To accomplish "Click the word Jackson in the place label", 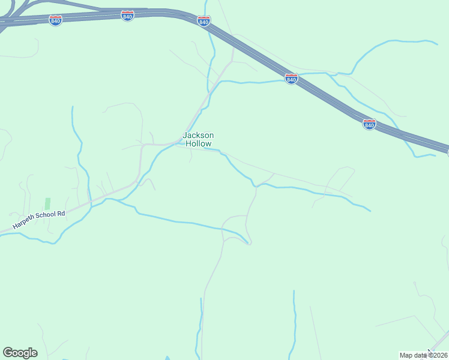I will click(x=198, y=136).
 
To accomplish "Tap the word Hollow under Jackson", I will click(x=198, y=144).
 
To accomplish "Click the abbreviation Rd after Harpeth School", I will click(x=61, y=212).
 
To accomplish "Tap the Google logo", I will click(x=20, y=353).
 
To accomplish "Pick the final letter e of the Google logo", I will click(x=34, y=353).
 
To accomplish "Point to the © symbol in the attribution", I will click(x=430, y=355).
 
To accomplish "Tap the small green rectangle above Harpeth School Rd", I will click(x=47, y=204).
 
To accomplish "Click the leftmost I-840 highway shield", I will click(x=56, y=20).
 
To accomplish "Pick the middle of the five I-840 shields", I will click(x=204, y=22).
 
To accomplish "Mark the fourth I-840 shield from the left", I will click(x=291, y=79).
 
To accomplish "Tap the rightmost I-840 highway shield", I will click(x=369, y=124).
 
